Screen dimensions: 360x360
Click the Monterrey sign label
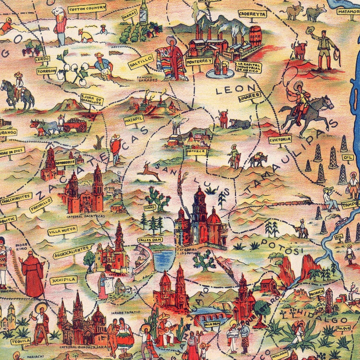point(199,60)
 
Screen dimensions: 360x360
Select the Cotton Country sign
point(87,8)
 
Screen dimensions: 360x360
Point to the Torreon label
point(47,71)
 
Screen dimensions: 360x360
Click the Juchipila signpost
point(63,280)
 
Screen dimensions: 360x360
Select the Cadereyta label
point(252,14)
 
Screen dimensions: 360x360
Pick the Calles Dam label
point(150,240)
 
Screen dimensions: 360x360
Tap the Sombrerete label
point(64,161)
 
